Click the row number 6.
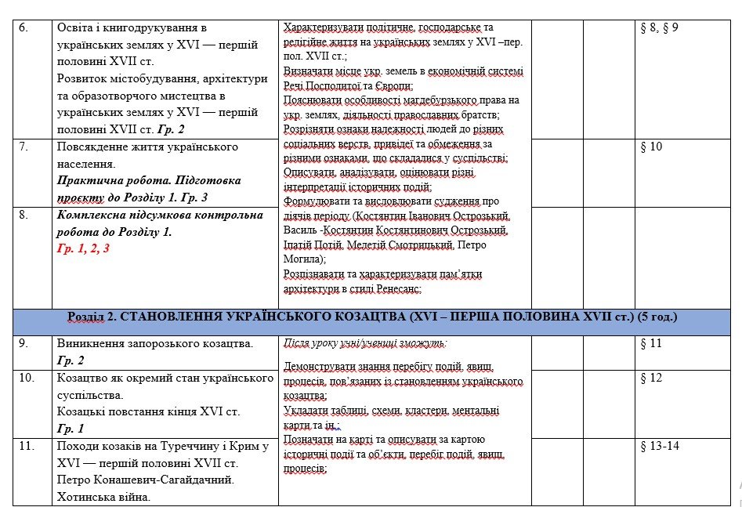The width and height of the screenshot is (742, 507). [x=23, y=27]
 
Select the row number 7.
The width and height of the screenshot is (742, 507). [x=23, y=147]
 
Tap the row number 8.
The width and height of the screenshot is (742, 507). [x=23, y=215]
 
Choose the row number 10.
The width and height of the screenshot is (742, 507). [x=24, y=378]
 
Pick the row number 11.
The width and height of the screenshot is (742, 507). [x=24, y=446]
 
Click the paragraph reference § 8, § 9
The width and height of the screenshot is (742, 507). [x=659, y=27]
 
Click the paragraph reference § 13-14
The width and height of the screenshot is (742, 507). [x=657, y=446]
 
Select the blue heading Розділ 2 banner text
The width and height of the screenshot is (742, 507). [x=372, y=317]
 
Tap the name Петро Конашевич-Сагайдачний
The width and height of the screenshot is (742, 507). [x=146, y=480]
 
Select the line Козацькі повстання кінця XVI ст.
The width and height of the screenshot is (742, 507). [x=149, y=411]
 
